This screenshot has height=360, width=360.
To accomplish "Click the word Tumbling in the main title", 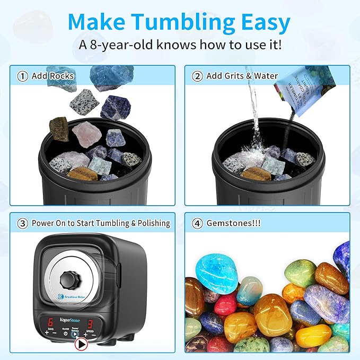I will pyautogui.click(x=190, y=22).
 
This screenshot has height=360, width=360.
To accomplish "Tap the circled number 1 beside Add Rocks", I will pyautogui.click(x=22, y=76).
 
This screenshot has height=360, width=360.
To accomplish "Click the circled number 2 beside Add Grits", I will pyautogui.click(x=197, y=76).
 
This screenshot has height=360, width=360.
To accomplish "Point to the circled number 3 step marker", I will pyautogui.click(x=22, y=223).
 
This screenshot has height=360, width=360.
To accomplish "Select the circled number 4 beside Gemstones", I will pyautogui.click(x=197, y=223).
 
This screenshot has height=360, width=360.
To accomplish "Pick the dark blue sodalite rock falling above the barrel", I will pyautogui.click(x=116, y=107).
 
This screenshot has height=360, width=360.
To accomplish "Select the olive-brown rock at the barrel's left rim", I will pyautogui.click(x=59, y=129).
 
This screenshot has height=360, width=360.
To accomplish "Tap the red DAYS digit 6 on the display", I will pyautogui.click(x=50, y=323).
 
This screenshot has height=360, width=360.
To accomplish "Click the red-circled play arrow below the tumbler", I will pyautogui.click(x=81, y=344).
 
